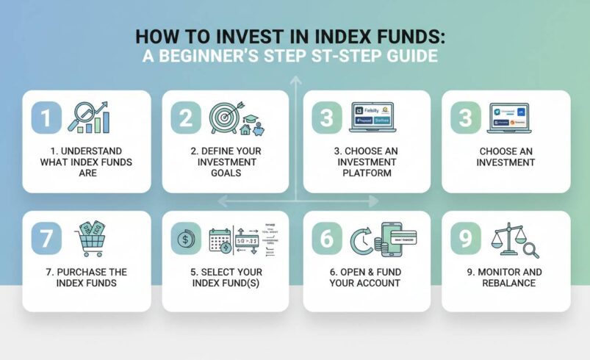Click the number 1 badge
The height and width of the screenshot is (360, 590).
(x=46, y=117)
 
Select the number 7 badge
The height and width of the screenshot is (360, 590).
(x=46, y=238)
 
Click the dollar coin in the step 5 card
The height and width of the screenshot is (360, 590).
(x=183, y=239)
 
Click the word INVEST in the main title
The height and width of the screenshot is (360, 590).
(x=243, y=37)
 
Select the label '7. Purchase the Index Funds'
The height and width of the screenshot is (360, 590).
(x=82, y=278)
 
